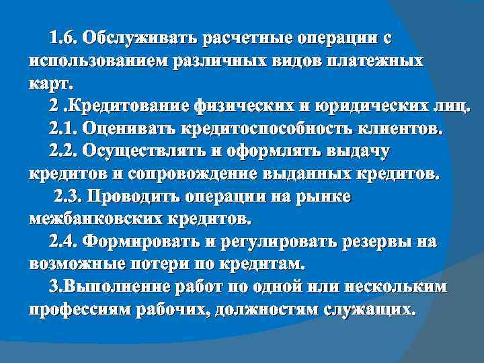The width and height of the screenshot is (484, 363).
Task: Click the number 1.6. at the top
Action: click(x=65, y=38)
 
